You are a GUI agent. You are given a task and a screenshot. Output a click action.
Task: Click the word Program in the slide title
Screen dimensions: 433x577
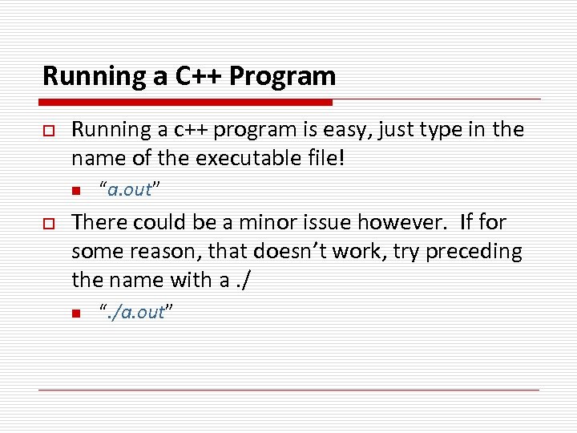coord(282,77)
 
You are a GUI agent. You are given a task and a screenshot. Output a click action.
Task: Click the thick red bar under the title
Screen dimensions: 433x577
coord(186,103)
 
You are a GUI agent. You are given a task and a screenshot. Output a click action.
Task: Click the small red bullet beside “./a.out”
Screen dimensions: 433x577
coord(76,314)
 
